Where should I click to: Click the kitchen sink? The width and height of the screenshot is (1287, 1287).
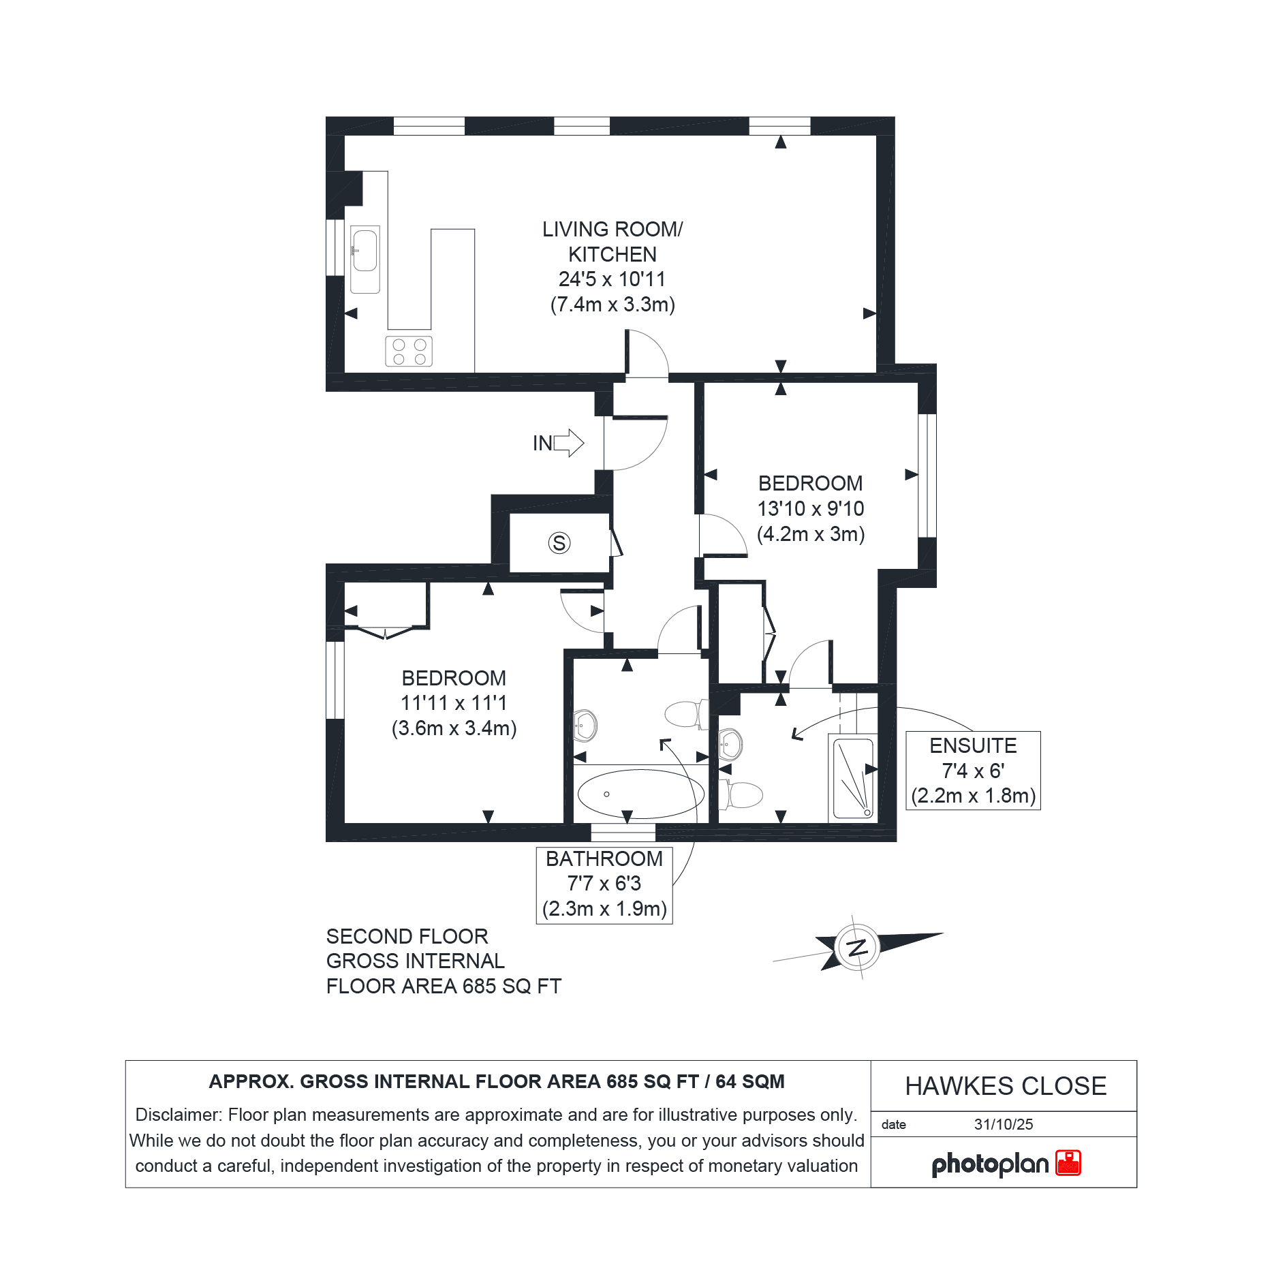365,260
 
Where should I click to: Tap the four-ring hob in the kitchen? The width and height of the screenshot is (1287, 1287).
409,352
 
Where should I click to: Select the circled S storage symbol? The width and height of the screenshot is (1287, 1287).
559,543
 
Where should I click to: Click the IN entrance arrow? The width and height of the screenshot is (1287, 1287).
568,443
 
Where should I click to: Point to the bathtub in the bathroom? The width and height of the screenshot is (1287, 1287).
640,794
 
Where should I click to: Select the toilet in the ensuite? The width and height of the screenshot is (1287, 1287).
741,795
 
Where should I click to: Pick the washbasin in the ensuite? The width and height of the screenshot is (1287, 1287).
730,744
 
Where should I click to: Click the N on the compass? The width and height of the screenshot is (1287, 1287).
857,947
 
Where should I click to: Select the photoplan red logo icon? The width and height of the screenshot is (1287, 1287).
1068,1163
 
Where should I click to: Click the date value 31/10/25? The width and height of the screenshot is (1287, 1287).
1004,1124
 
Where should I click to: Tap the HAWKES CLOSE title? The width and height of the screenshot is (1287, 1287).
1006,1086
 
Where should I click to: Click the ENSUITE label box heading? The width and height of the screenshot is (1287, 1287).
973,745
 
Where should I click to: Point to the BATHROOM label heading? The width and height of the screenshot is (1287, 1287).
604,858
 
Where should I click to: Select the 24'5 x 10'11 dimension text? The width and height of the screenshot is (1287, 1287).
612,279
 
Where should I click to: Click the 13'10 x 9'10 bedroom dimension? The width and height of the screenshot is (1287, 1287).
811,509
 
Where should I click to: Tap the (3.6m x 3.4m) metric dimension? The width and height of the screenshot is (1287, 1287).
454,728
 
